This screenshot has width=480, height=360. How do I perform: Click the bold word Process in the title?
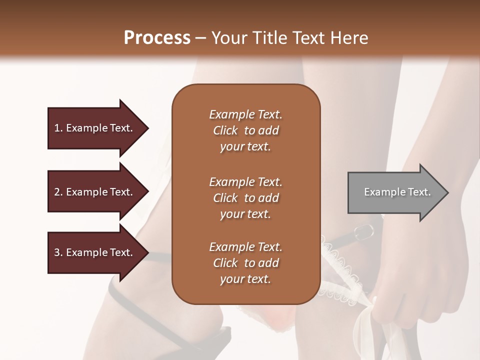157,38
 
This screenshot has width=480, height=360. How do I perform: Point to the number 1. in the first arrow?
58,128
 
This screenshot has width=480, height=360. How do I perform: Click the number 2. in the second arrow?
58,192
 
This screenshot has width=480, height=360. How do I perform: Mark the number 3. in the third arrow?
58,252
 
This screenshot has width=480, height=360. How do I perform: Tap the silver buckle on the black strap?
364,231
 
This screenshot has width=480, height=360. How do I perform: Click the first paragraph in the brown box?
245,130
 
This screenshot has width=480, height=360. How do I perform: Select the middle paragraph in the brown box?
245,198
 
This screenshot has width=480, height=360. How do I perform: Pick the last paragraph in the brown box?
245,263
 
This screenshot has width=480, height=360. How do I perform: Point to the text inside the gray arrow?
397,192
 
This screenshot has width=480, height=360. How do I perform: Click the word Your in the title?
228,38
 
